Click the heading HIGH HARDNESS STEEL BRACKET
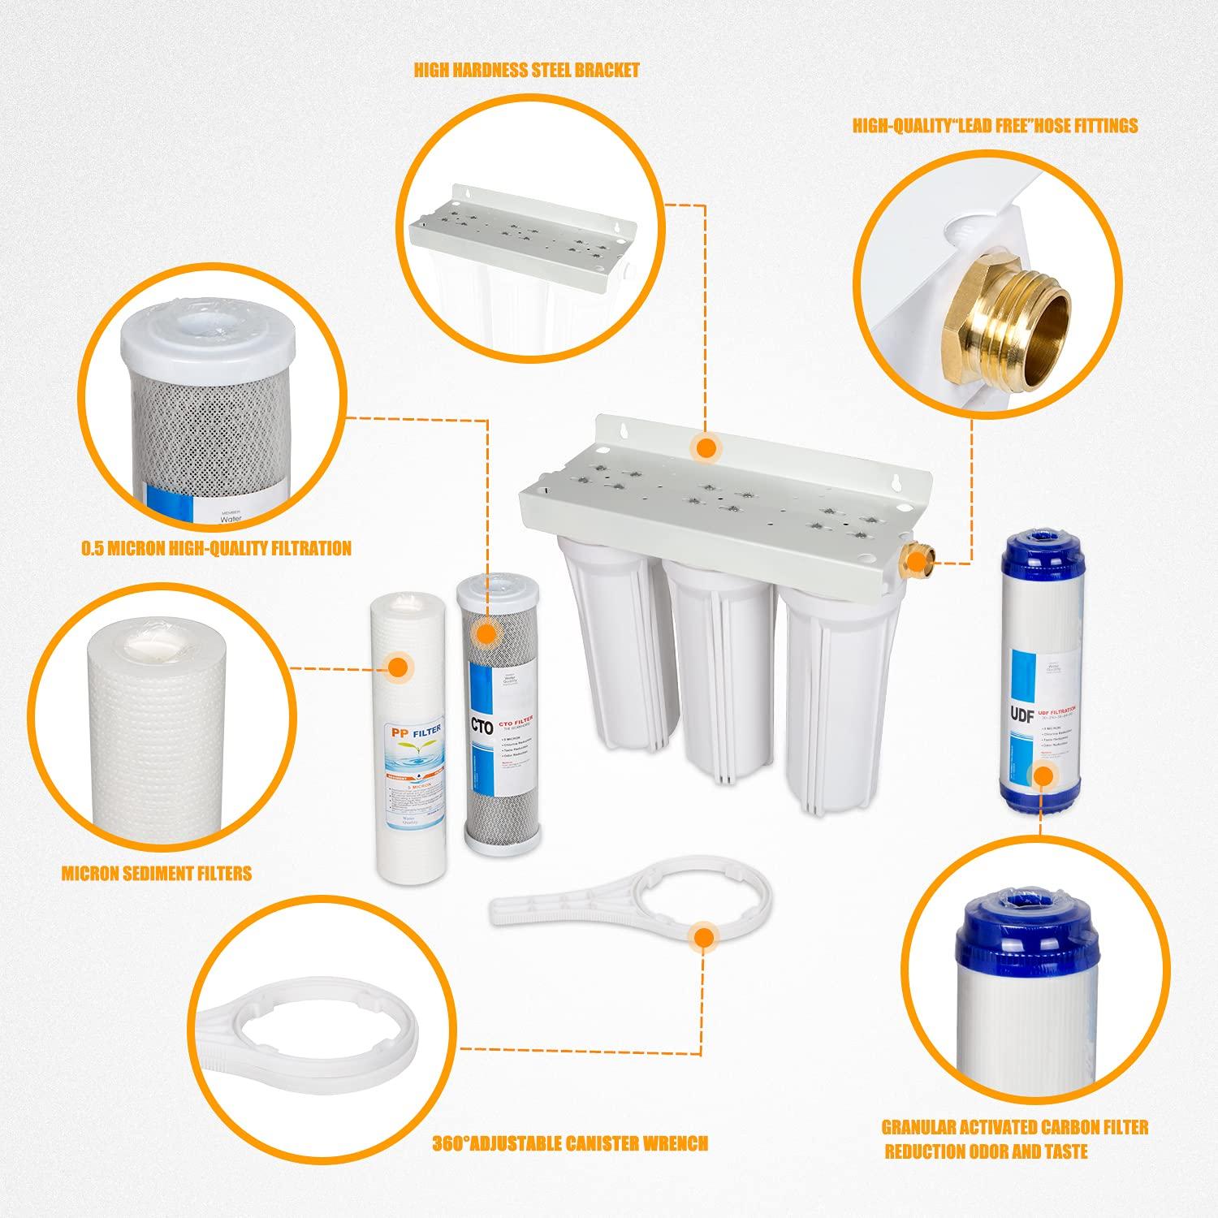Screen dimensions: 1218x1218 click(x=526, y=71)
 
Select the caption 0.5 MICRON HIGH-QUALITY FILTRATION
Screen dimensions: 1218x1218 click(x=216, y=549)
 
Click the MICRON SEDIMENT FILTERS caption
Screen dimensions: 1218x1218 click(x=157, y=874)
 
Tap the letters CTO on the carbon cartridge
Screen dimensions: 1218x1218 click(x=481, y=728)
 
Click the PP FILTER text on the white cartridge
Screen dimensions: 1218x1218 click(x=415, y=732)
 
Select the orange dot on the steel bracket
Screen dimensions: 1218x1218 click(x=706, y=447)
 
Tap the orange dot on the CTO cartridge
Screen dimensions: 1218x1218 click(x=486, y=635)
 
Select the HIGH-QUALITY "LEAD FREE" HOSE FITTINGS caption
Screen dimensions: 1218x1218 click(x=995, y=126)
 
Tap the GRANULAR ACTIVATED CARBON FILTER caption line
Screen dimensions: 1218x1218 click(x=1015, y=1127)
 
